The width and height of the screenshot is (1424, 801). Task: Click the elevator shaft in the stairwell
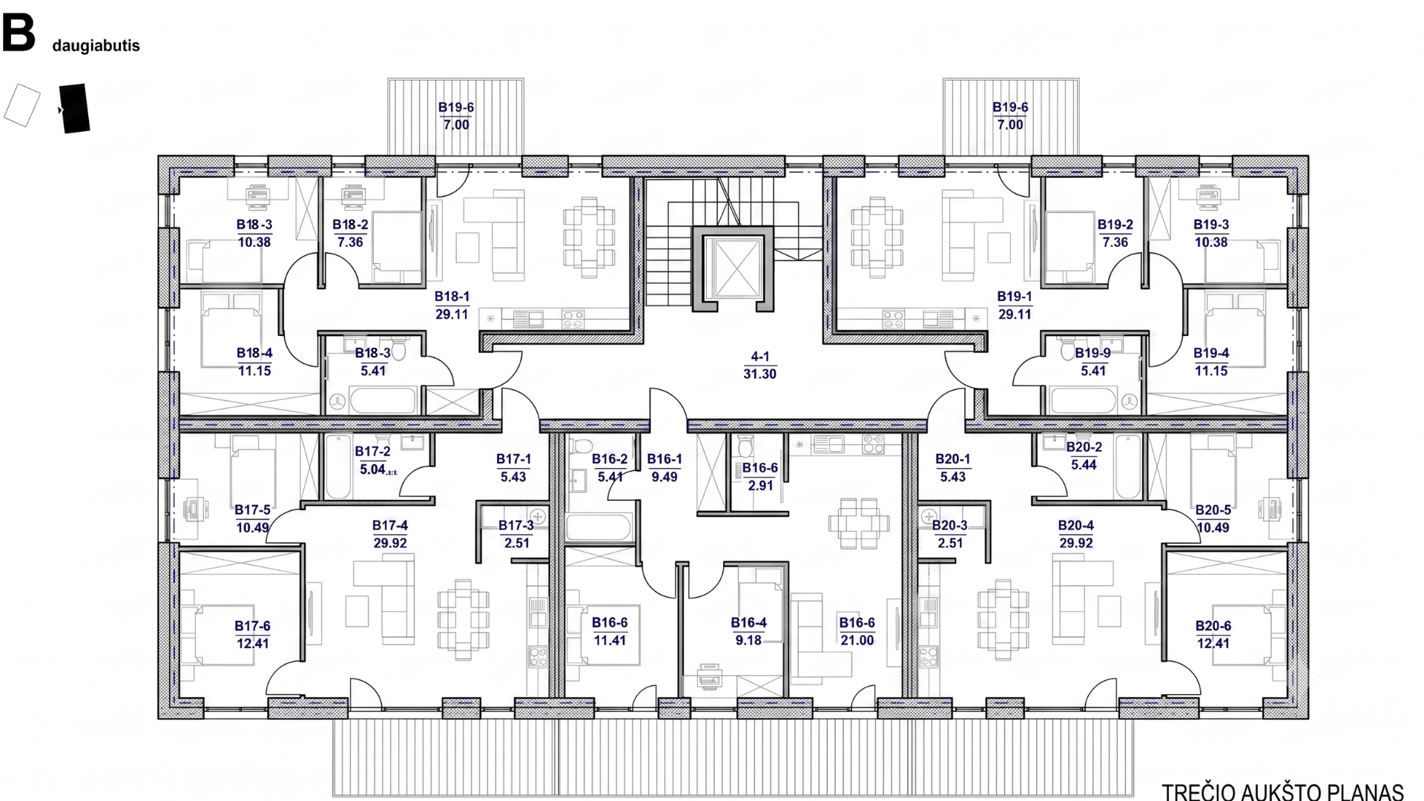point(733,268)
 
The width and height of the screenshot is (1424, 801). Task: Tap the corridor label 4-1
point(760,357)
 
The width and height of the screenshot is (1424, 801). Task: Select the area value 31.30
point(760,375)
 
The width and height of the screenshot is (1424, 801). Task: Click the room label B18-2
point(350,225)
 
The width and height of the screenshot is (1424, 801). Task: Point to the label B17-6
point(253,627)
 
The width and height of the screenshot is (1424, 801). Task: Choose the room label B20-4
point(1076,526)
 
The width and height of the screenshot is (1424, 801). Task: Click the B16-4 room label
point(748,623)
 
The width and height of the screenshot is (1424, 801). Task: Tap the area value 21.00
point(857,641)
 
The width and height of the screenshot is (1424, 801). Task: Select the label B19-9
point(1093,354)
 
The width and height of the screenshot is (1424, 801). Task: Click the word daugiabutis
point(96,46)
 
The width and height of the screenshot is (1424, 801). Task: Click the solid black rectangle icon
point(74,108)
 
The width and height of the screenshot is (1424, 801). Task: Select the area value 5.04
point(372,469)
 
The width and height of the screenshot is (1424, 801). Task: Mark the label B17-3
point(516,526)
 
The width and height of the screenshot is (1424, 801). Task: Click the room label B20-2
point(1084,447)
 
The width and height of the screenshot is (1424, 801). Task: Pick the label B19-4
point(1211,354)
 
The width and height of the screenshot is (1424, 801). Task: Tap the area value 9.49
point(665,478)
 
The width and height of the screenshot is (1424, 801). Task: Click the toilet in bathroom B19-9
point(1068,349)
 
